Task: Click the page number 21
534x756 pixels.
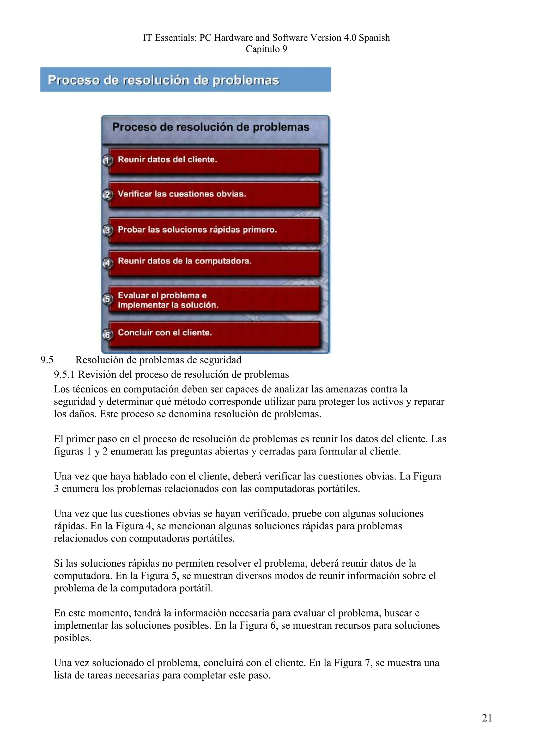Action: tap(487, 718)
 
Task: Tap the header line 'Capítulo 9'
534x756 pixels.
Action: tap(266, 49)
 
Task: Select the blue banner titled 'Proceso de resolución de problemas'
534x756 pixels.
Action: tap(186, 80)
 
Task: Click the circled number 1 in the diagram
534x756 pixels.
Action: tap(107, 160)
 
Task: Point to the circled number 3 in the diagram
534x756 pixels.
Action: tap(107, 230)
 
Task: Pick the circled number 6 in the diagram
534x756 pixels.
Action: tap(107, 334)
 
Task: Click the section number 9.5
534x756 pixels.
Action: tap(47, 360)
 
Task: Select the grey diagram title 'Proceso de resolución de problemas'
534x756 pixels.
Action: tap(211, 127)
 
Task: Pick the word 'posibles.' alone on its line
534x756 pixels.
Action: tap(73, 638)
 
